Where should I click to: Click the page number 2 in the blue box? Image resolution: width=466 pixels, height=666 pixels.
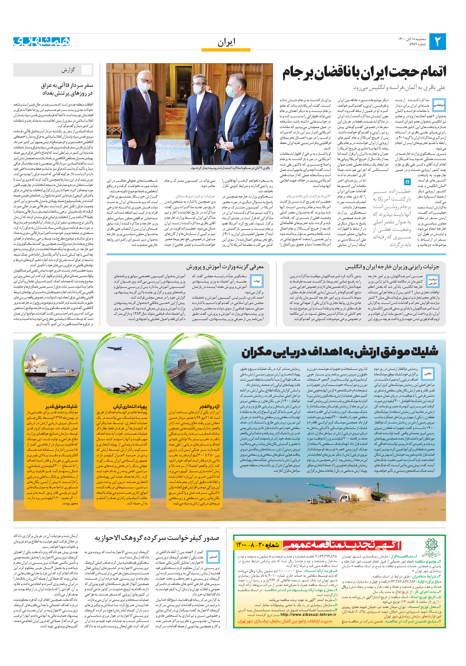coord(437,42)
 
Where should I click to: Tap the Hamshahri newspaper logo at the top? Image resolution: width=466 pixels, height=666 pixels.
coord(42,42)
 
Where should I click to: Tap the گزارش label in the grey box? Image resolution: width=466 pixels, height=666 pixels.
coord(68,70)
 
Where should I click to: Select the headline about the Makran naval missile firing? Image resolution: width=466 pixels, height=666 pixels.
coord(340,352)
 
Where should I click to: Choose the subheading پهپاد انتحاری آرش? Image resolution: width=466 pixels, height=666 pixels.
coord(130,407)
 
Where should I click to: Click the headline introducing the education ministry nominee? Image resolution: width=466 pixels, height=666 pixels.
coord(225,267)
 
